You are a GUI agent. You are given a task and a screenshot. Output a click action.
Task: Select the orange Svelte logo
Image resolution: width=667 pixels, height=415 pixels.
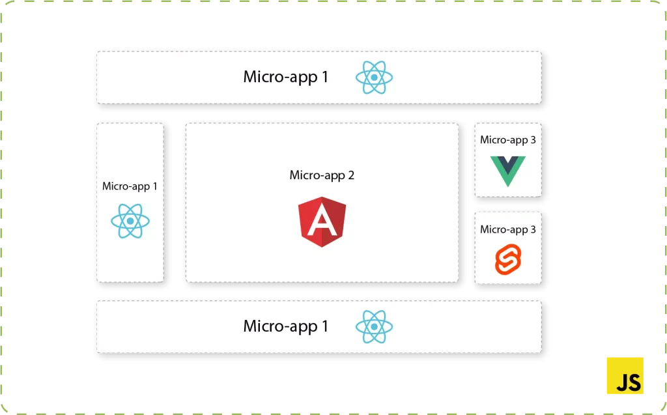click(507, 259)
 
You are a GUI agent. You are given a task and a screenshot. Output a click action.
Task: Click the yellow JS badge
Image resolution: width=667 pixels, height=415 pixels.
click(625, 375)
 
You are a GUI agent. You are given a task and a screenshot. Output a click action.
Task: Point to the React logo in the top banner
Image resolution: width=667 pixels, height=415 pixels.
click(374, 78)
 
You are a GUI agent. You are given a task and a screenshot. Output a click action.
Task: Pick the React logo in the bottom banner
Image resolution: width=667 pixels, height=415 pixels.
click(374, 326)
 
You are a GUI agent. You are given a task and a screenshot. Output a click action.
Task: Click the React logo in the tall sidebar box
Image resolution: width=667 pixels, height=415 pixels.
click(130, 221)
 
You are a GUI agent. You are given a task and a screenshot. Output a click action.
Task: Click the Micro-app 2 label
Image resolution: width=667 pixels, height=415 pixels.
click(322, 175)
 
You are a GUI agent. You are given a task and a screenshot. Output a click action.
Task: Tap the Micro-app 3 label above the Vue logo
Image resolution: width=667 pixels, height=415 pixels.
click(507, 140)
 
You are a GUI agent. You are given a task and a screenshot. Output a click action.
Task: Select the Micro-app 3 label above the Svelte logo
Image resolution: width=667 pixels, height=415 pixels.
click(507, 229)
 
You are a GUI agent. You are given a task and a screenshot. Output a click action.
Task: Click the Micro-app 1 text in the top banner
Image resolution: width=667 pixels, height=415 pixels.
click(285, 77)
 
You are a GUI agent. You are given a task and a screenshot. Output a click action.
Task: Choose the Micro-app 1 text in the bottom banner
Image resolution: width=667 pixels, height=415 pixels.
click(285, 326)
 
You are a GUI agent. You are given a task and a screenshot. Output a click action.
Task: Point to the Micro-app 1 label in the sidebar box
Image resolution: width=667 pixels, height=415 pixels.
click(130, 186)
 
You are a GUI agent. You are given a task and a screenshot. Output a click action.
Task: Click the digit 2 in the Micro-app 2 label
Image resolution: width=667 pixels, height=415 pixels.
click(351, 175)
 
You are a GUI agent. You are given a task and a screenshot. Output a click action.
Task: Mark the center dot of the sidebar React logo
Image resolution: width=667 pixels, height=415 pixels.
click(130, 221)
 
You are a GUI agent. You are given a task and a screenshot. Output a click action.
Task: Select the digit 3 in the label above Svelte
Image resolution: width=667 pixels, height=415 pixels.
click(533, 229)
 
